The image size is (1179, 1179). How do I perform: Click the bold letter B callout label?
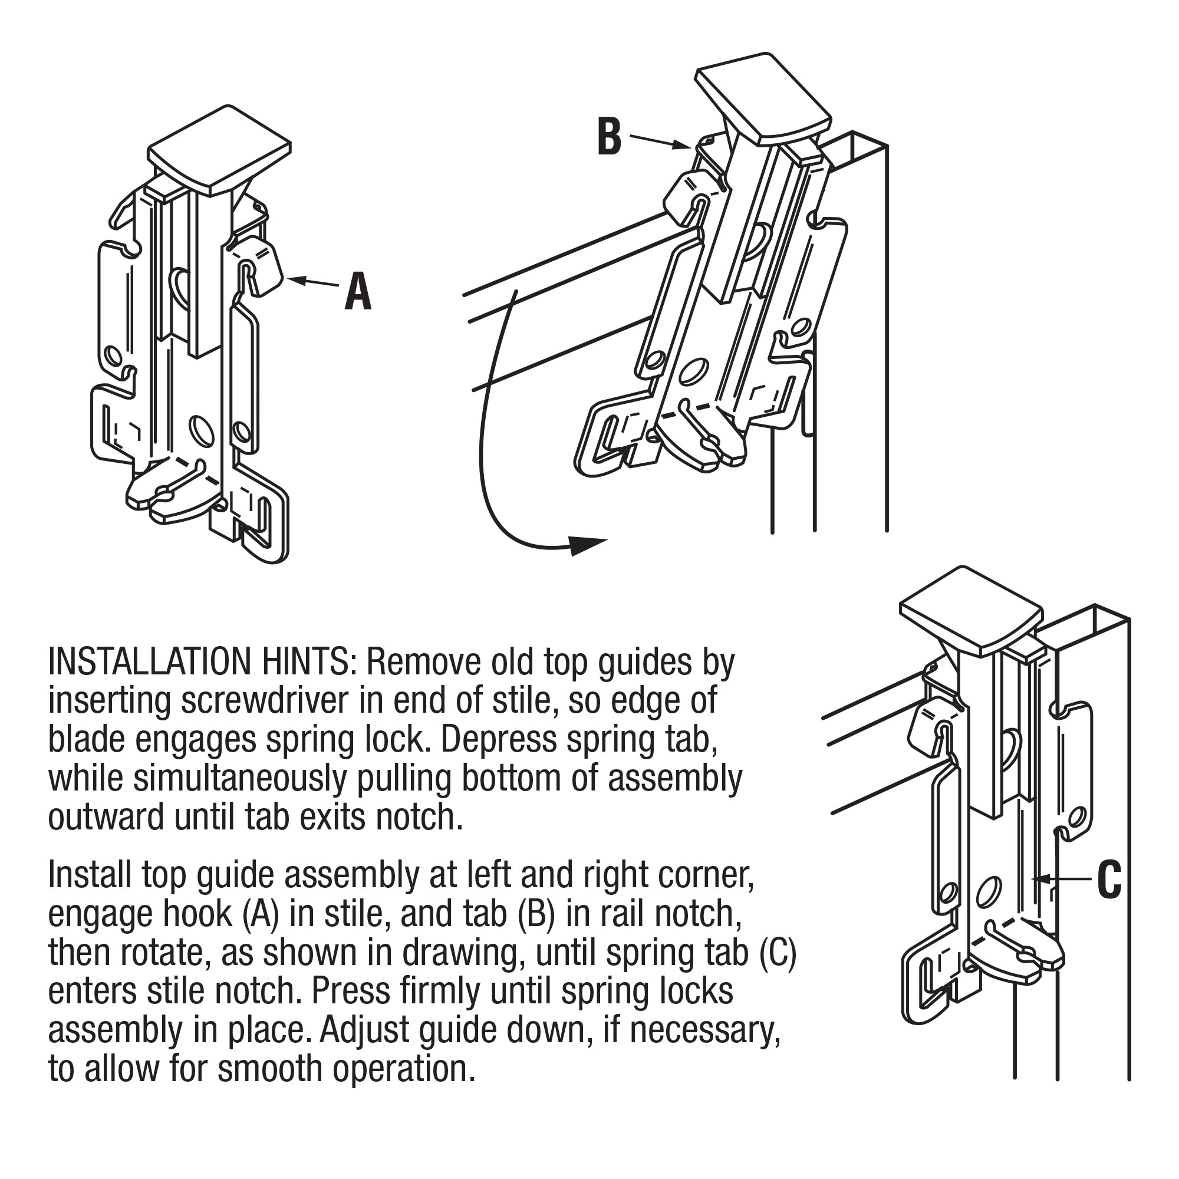pos(610,136)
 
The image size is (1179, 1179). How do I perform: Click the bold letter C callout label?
pos(1109,880)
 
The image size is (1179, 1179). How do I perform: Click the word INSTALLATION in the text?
pos(149,661)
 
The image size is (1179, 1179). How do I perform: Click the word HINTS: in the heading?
pos(306,661)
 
